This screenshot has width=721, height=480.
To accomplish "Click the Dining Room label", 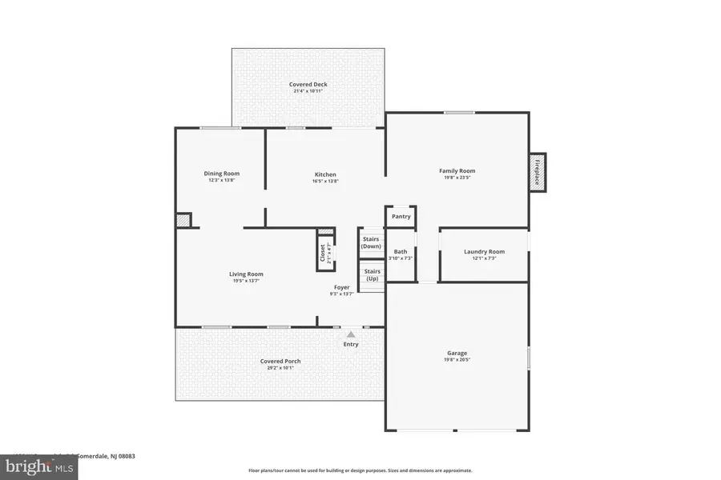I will pyautogui.click(x=221, y=174).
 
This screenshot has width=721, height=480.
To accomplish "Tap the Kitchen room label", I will pyautogui.click(x=325, y=174).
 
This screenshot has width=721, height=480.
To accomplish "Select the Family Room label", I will pyautogui.click(x=457, y=170).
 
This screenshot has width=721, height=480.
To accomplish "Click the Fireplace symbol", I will pyautogui.click(x=538, y=172).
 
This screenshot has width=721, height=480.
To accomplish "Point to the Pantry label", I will pyautogui.click(x=401, y=216).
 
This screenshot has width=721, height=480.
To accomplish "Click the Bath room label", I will pyautogui.click(x=401, y=252).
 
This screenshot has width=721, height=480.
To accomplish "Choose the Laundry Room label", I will pyautogui.click(x=484, y=252).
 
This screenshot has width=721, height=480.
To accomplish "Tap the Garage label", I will pyautogui.click(x=457, y=353).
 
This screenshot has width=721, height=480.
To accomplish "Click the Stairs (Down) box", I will pyautogui.click(x=371, y=242).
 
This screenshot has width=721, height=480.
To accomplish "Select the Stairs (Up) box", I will pyautogui.click(x=372, y=275).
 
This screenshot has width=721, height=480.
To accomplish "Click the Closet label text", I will pyautogui.click(x=323, y=253).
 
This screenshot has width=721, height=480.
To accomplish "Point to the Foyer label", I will pyautogui.click(x=342, y=287).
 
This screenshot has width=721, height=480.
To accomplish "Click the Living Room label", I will pyautogui.click(x=246, y=274).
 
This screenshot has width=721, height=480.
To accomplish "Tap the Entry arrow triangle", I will pyautogui.click(x=351, y=334).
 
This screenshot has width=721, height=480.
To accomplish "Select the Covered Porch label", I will pyautogui.click(x=280, y=361).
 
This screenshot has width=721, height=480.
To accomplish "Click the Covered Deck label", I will pyautogui.click(x=308, y=84).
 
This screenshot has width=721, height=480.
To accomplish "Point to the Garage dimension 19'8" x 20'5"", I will pyautogui.click(x=457, y=360).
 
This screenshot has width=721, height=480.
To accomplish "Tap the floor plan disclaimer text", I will pyautogui.click(x=360, y=470).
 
